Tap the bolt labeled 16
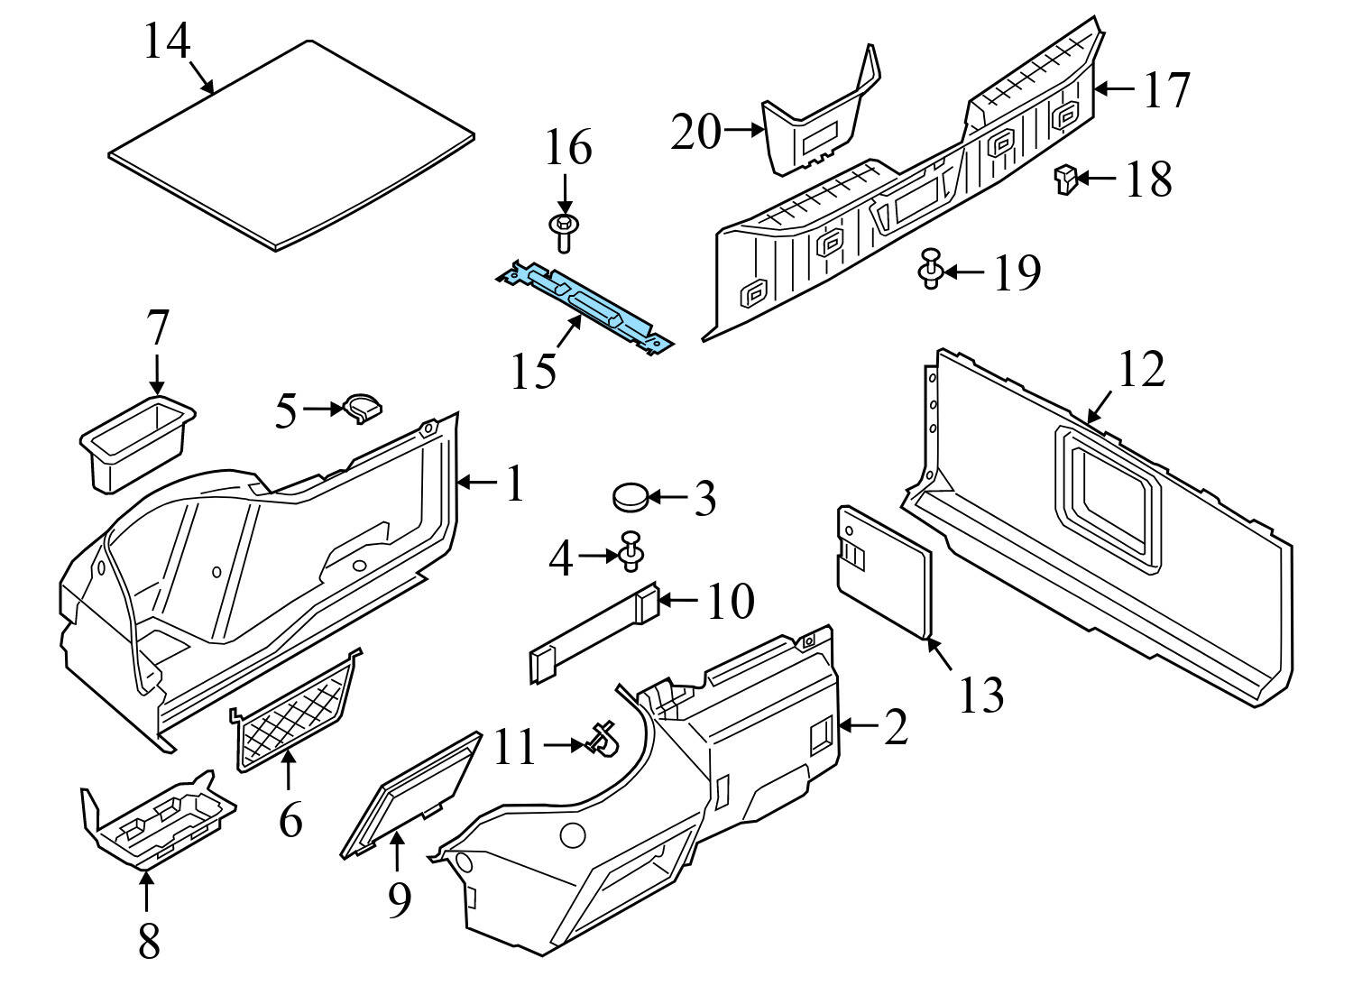564,231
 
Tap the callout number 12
1141,370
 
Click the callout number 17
1166,90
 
